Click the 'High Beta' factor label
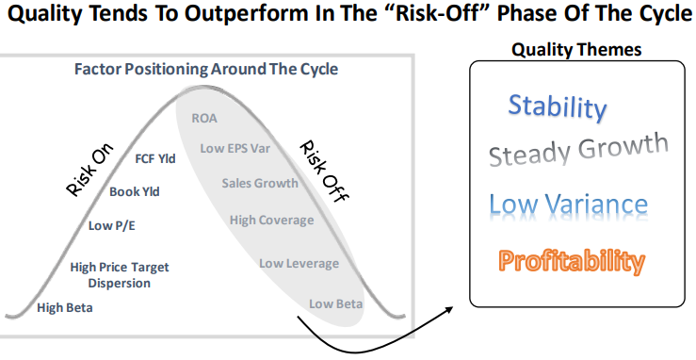[x=65, y=307]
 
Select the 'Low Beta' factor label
[x=336, y=303]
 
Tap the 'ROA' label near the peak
[x=204, y=118]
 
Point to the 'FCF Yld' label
[x=155, y=158]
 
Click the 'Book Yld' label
[x=135, y=191]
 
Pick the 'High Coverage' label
[x=271, y=220]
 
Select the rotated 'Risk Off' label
[x=321, y=167]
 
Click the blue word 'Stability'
[x=558, y=106]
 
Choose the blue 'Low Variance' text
[x=568, y=205]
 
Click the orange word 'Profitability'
[x=572, y=260]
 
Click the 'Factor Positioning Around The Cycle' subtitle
[x=206, y=70]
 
